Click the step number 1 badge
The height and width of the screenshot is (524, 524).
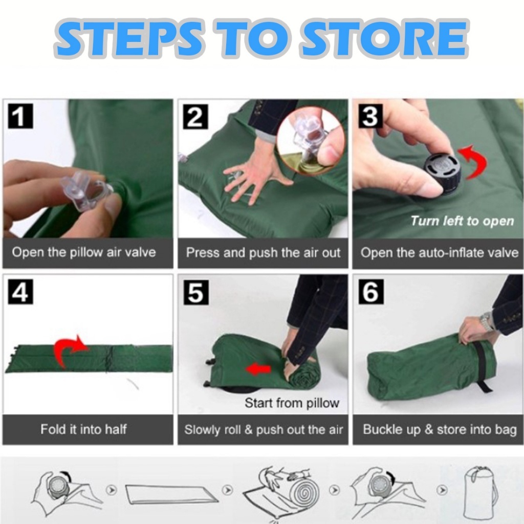click(20, 116)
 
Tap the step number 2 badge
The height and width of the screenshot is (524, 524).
click(195, 117)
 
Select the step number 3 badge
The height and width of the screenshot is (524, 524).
click(370, 116)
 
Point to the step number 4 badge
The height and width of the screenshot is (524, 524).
click(20, 292)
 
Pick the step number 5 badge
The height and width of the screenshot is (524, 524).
click(196, 292)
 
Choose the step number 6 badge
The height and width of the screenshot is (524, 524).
click(372, 292)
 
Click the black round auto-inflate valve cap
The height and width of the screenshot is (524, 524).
click(443, 173)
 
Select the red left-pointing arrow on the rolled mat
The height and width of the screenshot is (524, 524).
click(258, 369)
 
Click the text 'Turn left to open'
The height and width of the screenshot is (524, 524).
click(462, 221)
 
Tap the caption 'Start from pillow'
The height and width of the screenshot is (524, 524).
click(292, 403)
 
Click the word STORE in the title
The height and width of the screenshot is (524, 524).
click(384, 38)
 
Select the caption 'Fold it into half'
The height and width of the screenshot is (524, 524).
click(83, 429)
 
